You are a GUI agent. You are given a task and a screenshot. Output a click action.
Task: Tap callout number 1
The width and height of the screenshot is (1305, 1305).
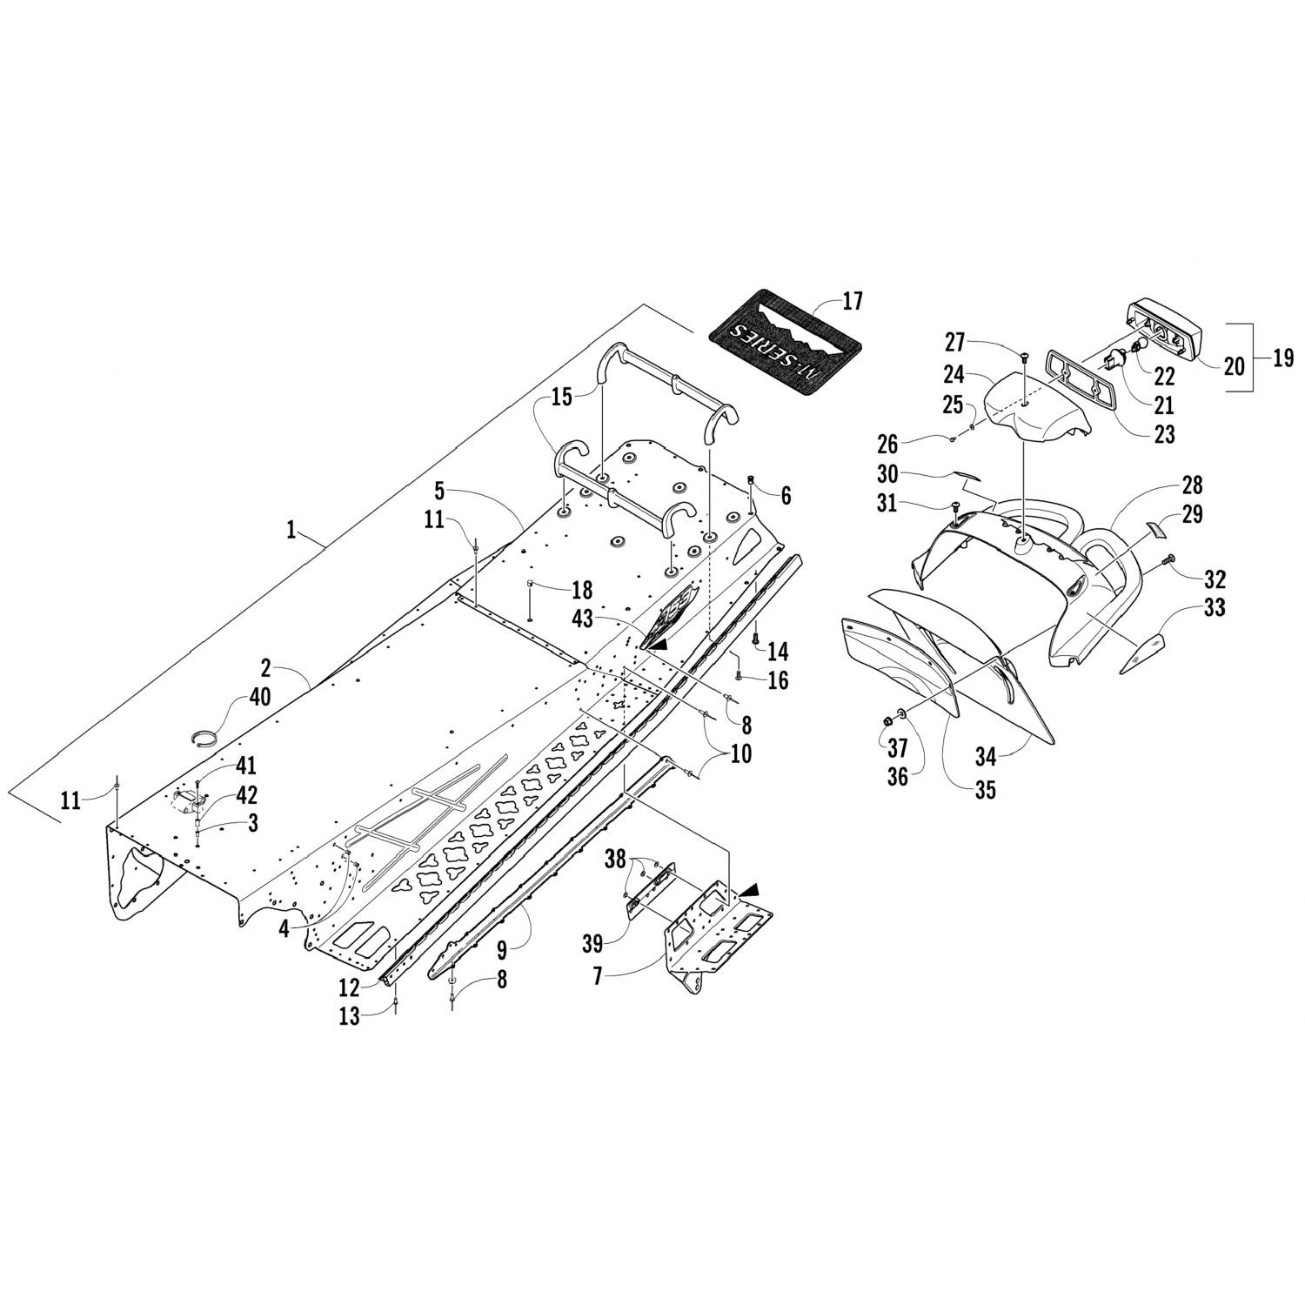coord(292,530)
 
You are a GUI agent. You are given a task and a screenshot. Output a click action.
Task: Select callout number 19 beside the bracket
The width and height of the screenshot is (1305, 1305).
coord(1283,358)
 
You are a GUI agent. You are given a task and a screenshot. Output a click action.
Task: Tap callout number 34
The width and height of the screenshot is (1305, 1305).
coord(985,757)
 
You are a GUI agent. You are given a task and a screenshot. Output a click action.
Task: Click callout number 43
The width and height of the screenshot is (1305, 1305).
coord(583,613)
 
